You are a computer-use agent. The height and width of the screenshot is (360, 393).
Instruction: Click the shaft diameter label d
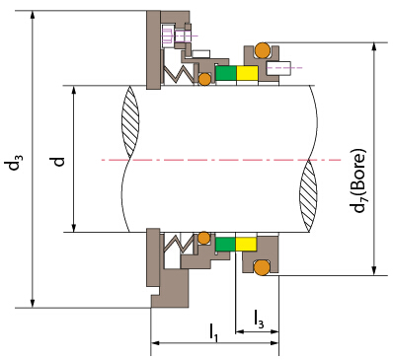58,162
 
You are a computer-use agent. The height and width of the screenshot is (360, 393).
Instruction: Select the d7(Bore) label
358,180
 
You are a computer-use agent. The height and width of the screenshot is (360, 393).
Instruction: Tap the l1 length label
213,331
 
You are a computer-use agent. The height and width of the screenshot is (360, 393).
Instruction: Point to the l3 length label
259,319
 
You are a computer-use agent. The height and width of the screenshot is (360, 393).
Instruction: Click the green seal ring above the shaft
226,73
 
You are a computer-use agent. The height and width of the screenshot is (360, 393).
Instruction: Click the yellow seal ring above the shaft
247,73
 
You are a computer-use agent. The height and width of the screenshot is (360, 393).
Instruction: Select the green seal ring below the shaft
226,244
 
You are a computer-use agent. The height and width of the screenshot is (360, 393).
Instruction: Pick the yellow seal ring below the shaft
246,244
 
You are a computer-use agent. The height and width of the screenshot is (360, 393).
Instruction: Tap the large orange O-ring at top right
263,50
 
